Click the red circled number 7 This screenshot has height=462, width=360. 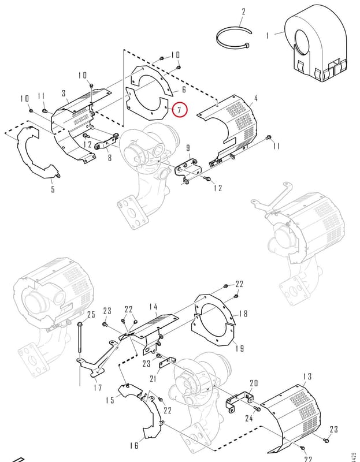[180, 110]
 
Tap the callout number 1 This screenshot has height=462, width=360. [267, 36]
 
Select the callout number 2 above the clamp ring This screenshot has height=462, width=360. [243, 12]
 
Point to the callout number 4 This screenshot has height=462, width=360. [255, 98]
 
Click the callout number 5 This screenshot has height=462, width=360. [53, 189]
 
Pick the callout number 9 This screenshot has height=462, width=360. [188, 148]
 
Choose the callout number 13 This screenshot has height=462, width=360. [307, 377]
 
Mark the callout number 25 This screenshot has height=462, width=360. [91, 315]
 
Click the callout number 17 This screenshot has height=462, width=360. [98, 388]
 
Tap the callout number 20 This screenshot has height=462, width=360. [254, 383]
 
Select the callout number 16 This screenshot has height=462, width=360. [134, 445]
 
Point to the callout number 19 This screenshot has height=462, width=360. [240, 349]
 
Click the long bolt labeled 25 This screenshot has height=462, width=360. [80, 338]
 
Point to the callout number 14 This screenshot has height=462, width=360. [153, 307]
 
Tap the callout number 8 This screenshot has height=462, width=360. [110, 158]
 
